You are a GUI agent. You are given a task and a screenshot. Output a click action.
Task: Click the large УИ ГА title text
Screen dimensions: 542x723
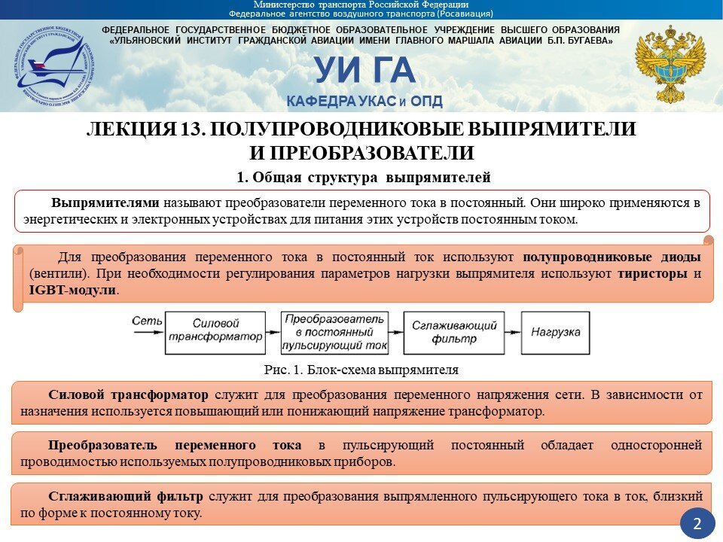coord(365,71)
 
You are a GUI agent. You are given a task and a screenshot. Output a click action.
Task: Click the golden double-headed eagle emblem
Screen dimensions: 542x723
coord(669,64)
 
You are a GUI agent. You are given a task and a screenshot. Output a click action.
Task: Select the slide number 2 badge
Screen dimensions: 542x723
coord(697,524)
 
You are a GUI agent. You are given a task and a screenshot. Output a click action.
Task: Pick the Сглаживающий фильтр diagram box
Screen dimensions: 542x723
coord(454,332)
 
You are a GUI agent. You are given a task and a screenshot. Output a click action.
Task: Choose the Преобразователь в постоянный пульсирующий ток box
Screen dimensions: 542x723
coord(334,332)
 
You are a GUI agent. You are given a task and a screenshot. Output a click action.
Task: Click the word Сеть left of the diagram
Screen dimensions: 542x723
coord(146,321)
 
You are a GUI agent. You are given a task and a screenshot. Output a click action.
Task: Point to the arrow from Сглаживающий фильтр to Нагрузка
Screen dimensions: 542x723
coord(514,332)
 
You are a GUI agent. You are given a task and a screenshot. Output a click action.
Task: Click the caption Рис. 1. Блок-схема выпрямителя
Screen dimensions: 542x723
coord(361,370)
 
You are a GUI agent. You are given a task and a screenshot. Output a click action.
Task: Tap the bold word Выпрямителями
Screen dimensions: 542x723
coord(105,202)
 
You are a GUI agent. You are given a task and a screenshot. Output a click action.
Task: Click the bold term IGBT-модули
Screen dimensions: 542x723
coord(73,290)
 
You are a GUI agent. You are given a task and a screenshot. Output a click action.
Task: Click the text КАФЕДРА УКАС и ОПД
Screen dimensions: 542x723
coord(364,102)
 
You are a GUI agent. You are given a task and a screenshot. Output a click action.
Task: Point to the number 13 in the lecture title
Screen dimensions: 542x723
coord(189,129)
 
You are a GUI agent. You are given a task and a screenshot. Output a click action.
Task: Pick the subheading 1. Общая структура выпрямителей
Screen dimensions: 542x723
coord(364,178)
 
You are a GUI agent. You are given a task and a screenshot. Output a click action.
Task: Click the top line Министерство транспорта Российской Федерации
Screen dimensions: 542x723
coord(361,5)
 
